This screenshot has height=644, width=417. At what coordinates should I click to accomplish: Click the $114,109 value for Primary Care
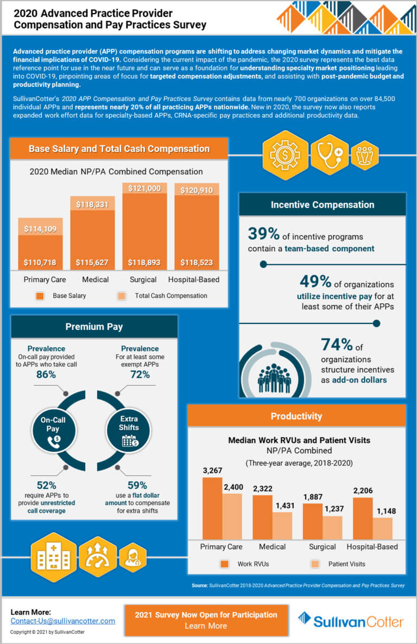point(40,229)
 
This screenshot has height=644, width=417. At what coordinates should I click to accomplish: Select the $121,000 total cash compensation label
point(144,188)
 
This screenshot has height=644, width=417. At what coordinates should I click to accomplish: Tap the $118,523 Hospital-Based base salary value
point(197,263)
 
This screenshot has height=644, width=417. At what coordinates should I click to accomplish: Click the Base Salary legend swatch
point(40,296)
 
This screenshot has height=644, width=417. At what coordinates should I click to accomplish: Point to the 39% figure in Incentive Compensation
point(264,234)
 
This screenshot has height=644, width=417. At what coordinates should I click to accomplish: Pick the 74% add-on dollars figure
point(337,345)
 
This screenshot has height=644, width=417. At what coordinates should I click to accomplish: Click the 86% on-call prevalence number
point(46,374)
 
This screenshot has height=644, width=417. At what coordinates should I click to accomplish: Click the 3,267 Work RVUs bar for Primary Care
point(212,507)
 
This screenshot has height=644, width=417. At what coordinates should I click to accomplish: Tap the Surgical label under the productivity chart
point(323,546)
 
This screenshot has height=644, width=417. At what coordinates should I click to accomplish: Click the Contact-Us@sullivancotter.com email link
point(63,621)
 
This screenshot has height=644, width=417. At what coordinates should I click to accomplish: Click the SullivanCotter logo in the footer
point(351,621)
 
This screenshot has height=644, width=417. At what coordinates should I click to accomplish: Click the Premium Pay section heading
point(94,327)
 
